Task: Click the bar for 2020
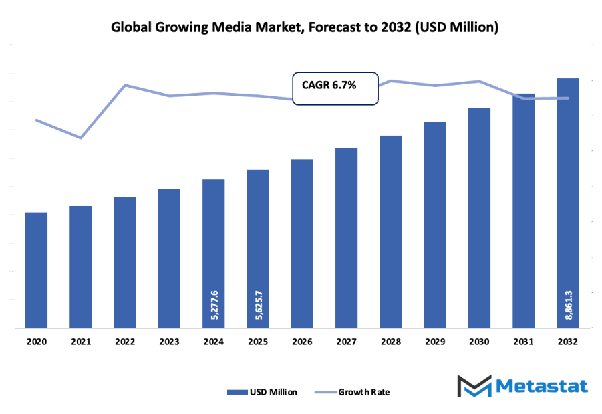click(x=37, y=270)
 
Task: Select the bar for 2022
click(x=125, y=263)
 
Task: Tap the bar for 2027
click(x=347, y=238)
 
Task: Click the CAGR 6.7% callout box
click(x=335, y=88)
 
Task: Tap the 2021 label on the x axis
click(x=81, y=341)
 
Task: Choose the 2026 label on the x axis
click(x=302, y=341)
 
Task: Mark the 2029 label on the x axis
click(x=435, y=341)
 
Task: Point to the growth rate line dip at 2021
click(x=81, y=138)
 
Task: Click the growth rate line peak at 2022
click(x=125, y=85)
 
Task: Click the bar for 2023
click(x=169, y=258)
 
